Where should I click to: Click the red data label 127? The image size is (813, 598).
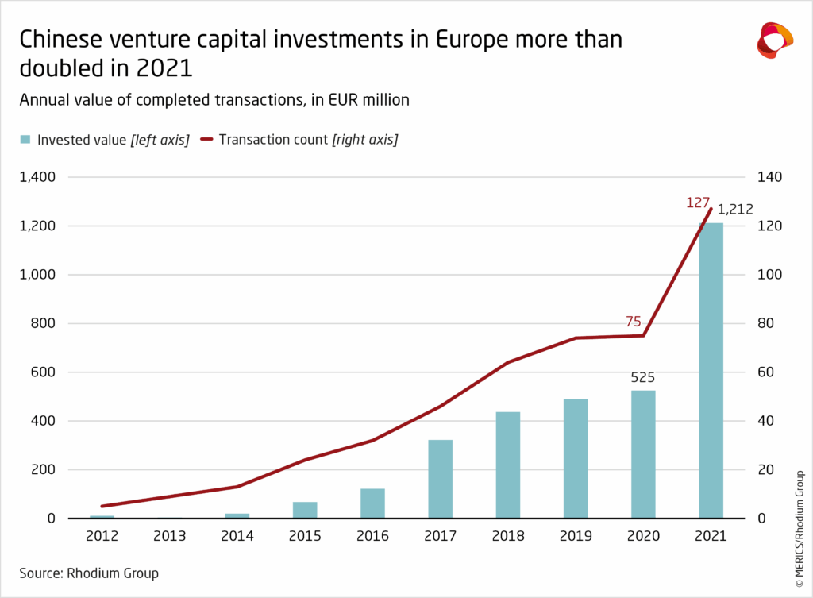click(698, 203)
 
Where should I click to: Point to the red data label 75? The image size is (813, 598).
click(633, 322)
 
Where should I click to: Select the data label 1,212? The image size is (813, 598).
click(735, 210)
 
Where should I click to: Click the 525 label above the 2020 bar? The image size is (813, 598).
click(643, 378)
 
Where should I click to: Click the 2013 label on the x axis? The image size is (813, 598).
click(170, 537)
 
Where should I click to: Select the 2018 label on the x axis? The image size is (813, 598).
click(508, 537)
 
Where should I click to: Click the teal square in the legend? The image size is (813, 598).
click(25, 140)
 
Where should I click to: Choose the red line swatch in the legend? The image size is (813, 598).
click(207, 140)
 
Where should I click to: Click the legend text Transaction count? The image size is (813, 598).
click(274, 140)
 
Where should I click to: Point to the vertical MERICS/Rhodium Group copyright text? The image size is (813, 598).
click(799, 520)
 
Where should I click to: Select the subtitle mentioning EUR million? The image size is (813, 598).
click(214, 99)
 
